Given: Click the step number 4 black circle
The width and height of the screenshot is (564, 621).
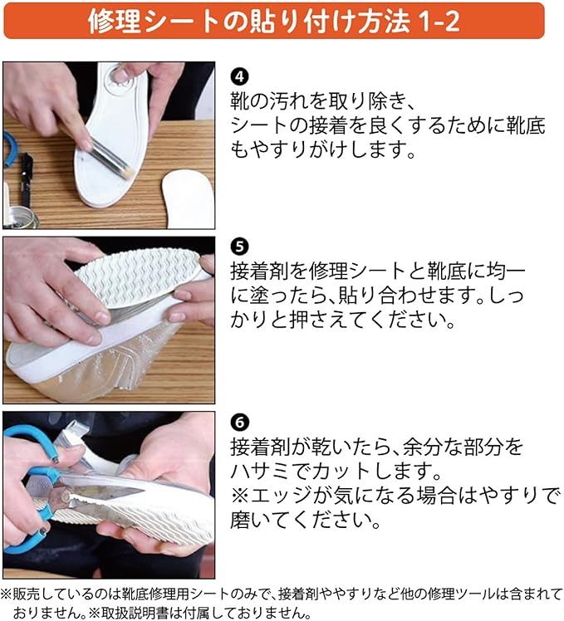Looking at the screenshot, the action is [x=239, y=77].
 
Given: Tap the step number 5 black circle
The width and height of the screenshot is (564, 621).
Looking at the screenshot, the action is [x=239, y=247].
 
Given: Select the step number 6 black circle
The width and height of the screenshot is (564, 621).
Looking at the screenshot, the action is [x=239, y=423].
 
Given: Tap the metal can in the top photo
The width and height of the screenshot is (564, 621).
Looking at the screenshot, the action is [x=22, y=218].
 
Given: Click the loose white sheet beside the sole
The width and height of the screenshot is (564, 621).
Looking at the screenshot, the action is [x=187, y=198].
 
